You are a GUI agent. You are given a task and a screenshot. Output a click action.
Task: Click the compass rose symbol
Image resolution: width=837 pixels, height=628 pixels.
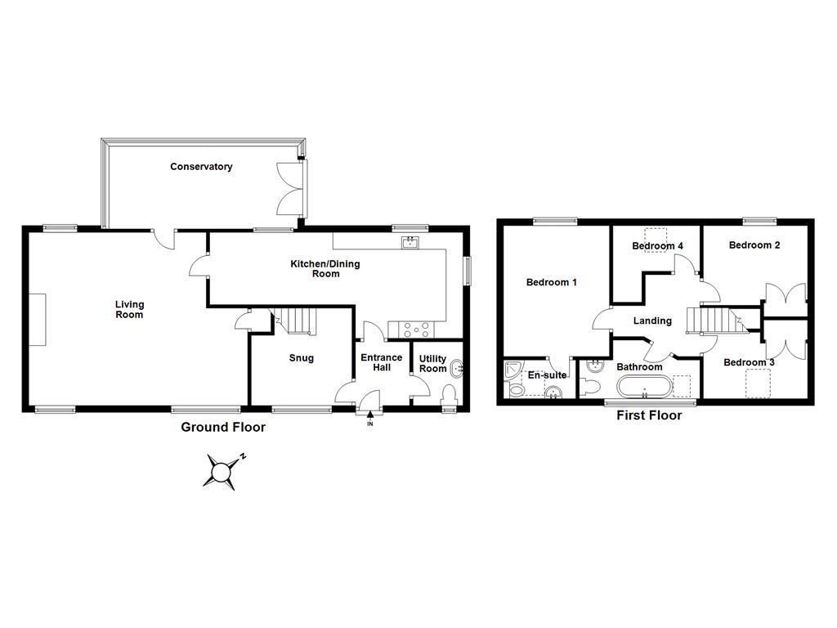(x=222, y=471)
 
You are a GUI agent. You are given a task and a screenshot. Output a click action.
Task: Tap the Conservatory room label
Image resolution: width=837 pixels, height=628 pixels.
(x=201, y=167)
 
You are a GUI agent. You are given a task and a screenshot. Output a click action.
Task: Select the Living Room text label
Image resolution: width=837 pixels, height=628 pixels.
(x=129, y=309)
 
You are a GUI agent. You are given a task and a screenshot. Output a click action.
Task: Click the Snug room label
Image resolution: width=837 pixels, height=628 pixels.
(x=301, y=358)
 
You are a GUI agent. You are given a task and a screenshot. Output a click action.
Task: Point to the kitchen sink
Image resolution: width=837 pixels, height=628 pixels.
(x=410, y=241)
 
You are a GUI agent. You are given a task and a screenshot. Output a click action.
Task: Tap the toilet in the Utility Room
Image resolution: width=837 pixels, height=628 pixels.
(x=448, y=395)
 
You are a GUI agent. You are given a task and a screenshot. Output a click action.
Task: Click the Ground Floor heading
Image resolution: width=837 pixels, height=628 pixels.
(x=222, y=427)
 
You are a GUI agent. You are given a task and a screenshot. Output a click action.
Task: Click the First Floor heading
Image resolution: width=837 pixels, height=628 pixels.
(x=648, y=415)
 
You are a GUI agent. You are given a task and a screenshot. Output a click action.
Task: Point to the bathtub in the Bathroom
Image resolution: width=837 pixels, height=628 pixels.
(x=644, y=387)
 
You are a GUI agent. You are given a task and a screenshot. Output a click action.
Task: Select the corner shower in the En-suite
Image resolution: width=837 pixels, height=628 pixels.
(x=513, y=370)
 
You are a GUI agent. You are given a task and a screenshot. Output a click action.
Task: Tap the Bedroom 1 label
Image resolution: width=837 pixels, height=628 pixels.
(x=551, y=283)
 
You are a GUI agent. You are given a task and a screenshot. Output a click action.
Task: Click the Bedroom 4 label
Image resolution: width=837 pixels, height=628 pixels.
(x=657, y=246)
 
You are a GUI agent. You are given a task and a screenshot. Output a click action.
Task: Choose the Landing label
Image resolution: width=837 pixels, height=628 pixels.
(x=652, y=321)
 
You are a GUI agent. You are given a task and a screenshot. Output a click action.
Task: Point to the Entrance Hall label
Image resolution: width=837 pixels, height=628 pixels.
(x=382, y=362)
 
